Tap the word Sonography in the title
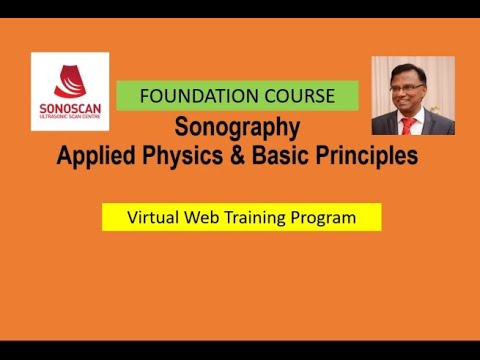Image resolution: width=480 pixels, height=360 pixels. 238,128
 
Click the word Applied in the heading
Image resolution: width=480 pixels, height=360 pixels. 97,156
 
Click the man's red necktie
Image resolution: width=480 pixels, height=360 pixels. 407,125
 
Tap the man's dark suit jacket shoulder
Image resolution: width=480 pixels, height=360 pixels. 385,125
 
